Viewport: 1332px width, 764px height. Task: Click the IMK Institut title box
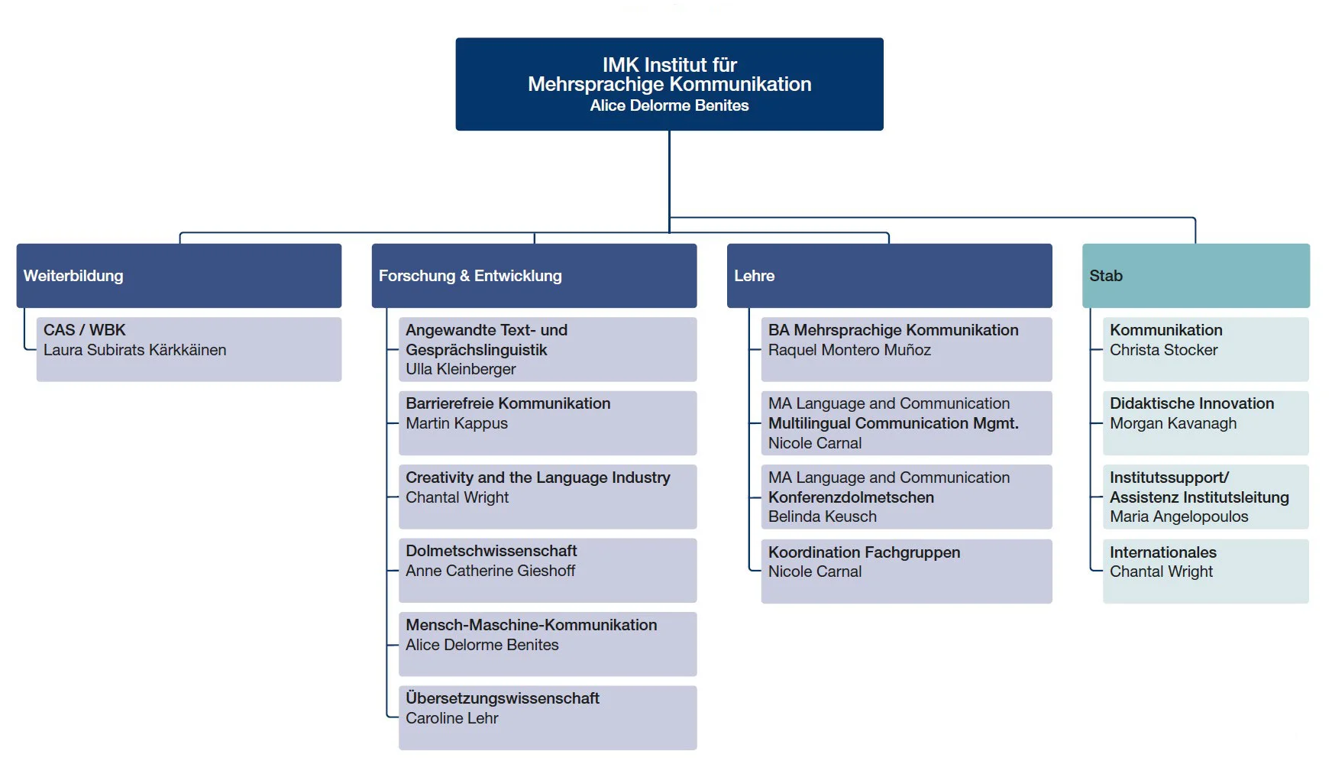(x=669, y=84)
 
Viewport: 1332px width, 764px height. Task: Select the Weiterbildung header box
(x=179, y=276)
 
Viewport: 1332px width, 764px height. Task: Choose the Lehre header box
(x=889, y=276)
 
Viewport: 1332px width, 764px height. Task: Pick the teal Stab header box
(x=1196, y=276)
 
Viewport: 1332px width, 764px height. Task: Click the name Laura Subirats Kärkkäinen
(x=135, y=350)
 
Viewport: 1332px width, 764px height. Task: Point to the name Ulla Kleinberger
(x=461, y=369)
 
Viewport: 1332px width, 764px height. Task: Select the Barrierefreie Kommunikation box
(x=548, y=423)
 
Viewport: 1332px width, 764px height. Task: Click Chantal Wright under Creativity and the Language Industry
(x=457, y=497)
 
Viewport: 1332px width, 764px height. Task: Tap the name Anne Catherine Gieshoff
(x=490, y=571)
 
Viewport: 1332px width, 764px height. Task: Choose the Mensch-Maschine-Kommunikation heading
(x=531, y=625)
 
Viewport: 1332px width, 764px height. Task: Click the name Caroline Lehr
(x=452, y=718)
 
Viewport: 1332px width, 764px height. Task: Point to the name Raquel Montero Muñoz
(x=849, y=350)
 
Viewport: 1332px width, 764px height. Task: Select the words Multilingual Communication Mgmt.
(x=894, y=423)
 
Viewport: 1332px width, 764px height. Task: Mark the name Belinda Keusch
(x=823, y=516)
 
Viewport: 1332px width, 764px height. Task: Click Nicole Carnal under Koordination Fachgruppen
(x=815, y=571)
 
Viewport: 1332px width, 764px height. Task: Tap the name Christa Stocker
(x=1163, y=350)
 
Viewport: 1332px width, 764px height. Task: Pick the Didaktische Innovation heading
(x=1191, y=403)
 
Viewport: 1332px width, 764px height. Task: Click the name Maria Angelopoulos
(x=1178, y=516)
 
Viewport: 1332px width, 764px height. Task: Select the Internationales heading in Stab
(x=1162, y=552)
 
